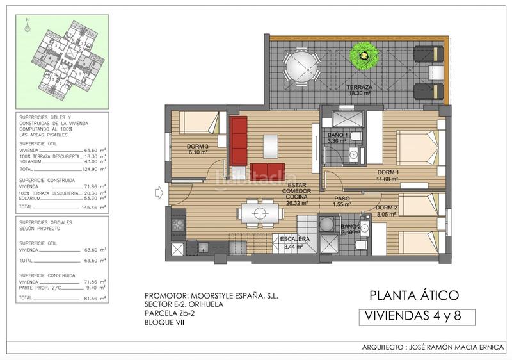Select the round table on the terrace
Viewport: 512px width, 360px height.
[x=301, y=66]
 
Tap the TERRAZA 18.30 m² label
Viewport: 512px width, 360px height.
[x=360, y=90]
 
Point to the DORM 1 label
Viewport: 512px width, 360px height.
[x=388, y=175]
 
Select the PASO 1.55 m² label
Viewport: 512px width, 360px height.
[x=342, y=202]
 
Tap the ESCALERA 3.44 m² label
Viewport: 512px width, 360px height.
[x=295, y=242]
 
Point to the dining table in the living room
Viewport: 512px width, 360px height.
[x=259, y=212]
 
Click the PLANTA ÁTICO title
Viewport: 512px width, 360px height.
[x=414, y=295]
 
